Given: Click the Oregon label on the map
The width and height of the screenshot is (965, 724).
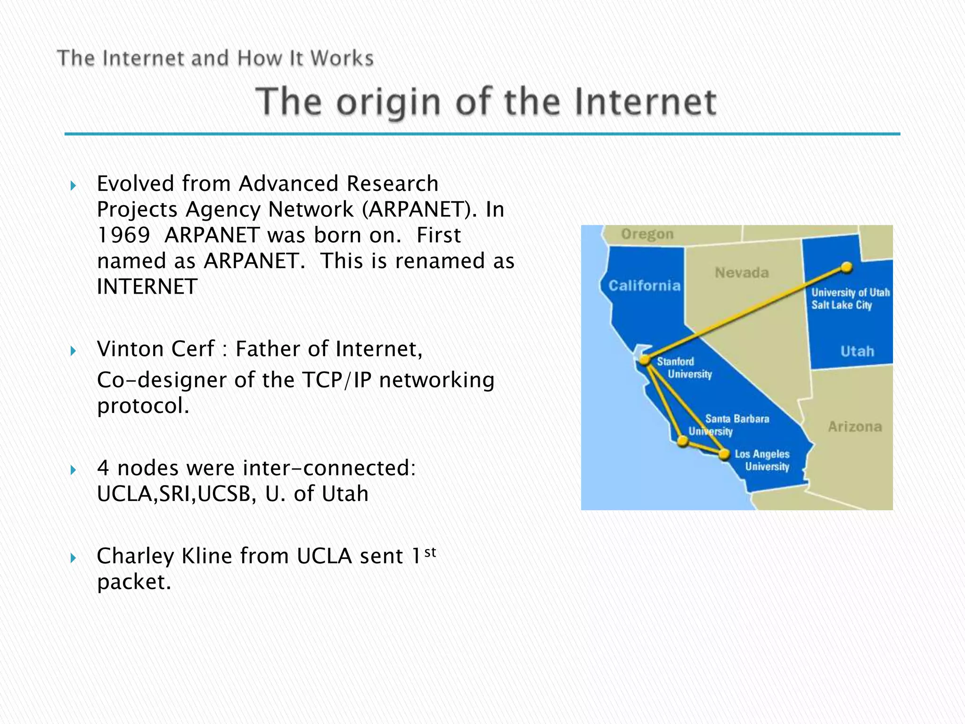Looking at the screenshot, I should [647, 234].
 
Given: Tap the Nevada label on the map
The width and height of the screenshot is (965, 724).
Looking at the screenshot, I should [742, 272].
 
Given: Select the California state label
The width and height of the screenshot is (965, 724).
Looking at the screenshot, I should [644, 285].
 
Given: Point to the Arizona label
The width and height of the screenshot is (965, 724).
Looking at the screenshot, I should [855, 427].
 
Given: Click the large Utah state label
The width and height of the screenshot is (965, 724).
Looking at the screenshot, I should [857, 351].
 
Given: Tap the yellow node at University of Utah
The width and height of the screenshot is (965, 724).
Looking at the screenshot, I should [847, 268].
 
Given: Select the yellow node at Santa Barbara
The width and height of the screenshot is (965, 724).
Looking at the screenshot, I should [683, 442].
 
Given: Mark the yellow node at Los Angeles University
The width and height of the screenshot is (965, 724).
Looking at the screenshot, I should [724, 454].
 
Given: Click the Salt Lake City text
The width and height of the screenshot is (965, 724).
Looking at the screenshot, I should [841, 305].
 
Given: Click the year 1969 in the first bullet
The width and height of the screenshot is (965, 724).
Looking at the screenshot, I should [123, 235].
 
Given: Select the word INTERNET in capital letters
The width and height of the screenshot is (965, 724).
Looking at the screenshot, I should [147, 287].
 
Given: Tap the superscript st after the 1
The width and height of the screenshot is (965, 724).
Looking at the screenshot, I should [430, 551].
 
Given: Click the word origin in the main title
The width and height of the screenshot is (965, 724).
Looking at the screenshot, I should [388, 102].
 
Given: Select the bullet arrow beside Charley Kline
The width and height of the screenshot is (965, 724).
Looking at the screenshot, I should [73, 558].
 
